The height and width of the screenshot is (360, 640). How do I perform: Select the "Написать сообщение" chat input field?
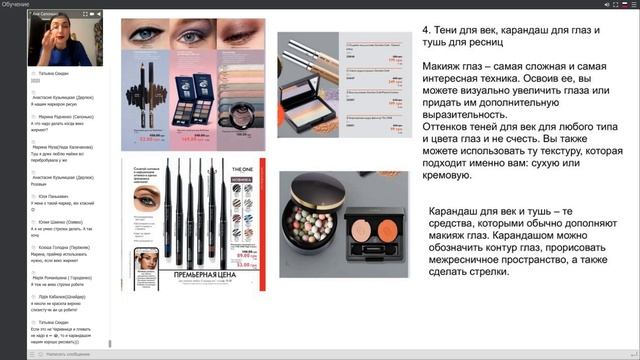[60, 353]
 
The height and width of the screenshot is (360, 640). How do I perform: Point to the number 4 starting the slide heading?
[427, 28]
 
